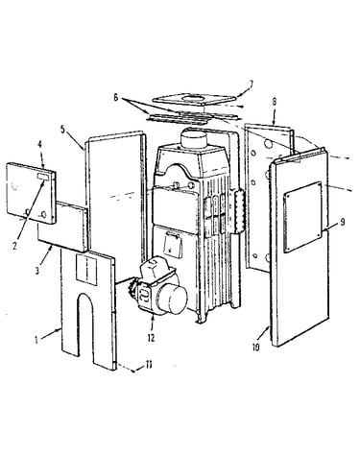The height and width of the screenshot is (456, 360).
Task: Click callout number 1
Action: coord(36,340)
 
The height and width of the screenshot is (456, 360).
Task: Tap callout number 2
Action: coord(14,246)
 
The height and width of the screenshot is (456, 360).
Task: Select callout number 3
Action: coord(37,271)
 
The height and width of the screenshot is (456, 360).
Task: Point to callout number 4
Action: coord(39,144)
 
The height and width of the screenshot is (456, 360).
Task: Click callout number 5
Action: coord(62,130)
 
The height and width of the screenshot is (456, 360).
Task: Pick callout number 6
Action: coord(116,98)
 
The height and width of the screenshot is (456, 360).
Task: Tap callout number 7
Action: coord(251,84)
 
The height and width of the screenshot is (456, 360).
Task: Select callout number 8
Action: coord(275,102)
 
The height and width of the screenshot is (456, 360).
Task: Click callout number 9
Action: coord(343,222)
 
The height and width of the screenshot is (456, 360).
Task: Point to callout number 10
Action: coord(255,348)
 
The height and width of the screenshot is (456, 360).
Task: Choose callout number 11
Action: coord(149,365)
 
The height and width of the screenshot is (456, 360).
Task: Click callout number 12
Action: coord(151,338)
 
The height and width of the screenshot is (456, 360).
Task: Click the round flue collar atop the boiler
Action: coord(194,138)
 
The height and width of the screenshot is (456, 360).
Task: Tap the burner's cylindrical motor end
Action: coord(172,299)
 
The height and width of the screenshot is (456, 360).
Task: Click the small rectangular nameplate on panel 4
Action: coord(44,176)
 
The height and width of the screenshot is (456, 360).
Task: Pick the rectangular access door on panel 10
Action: coord(302,217)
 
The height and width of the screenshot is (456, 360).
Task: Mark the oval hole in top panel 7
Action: coord(193,97)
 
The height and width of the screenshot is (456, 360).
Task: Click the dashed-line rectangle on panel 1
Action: coord(86,270)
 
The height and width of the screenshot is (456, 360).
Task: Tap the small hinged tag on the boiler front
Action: coord(173,245)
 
